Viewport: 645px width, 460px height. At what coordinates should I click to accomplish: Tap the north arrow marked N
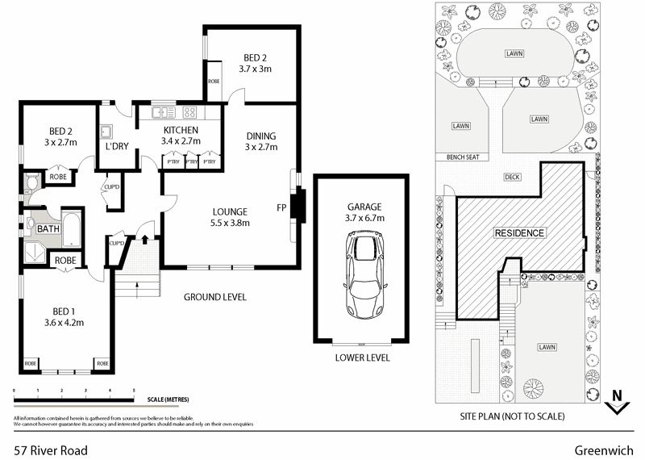coord(617,401)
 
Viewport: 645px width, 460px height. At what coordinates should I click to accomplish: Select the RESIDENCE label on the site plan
coord(519,233)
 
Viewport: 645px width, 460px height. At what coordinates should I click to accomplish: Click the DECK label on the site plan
coord(511,177)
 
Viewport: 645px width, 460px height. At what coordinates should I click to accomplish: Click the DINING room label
coord(260,136)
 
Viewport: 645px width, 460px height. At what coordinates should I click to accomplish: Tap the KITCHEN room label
coord(181,130)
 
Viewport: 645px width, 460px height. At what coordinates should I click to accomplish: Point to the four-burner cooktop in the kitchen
coord(191,112)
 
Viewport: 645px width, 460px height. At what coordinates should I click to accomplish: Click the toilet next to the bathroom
coord(31,183)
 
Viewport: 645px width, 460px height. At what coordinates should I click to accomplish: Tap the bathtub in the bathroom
coord(72,229)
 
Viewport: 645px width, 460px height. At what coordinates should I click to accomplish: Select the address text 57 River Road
coord(51,450)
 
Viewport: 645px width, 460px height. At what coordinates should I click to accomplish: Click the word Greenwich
coord(604,450)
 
